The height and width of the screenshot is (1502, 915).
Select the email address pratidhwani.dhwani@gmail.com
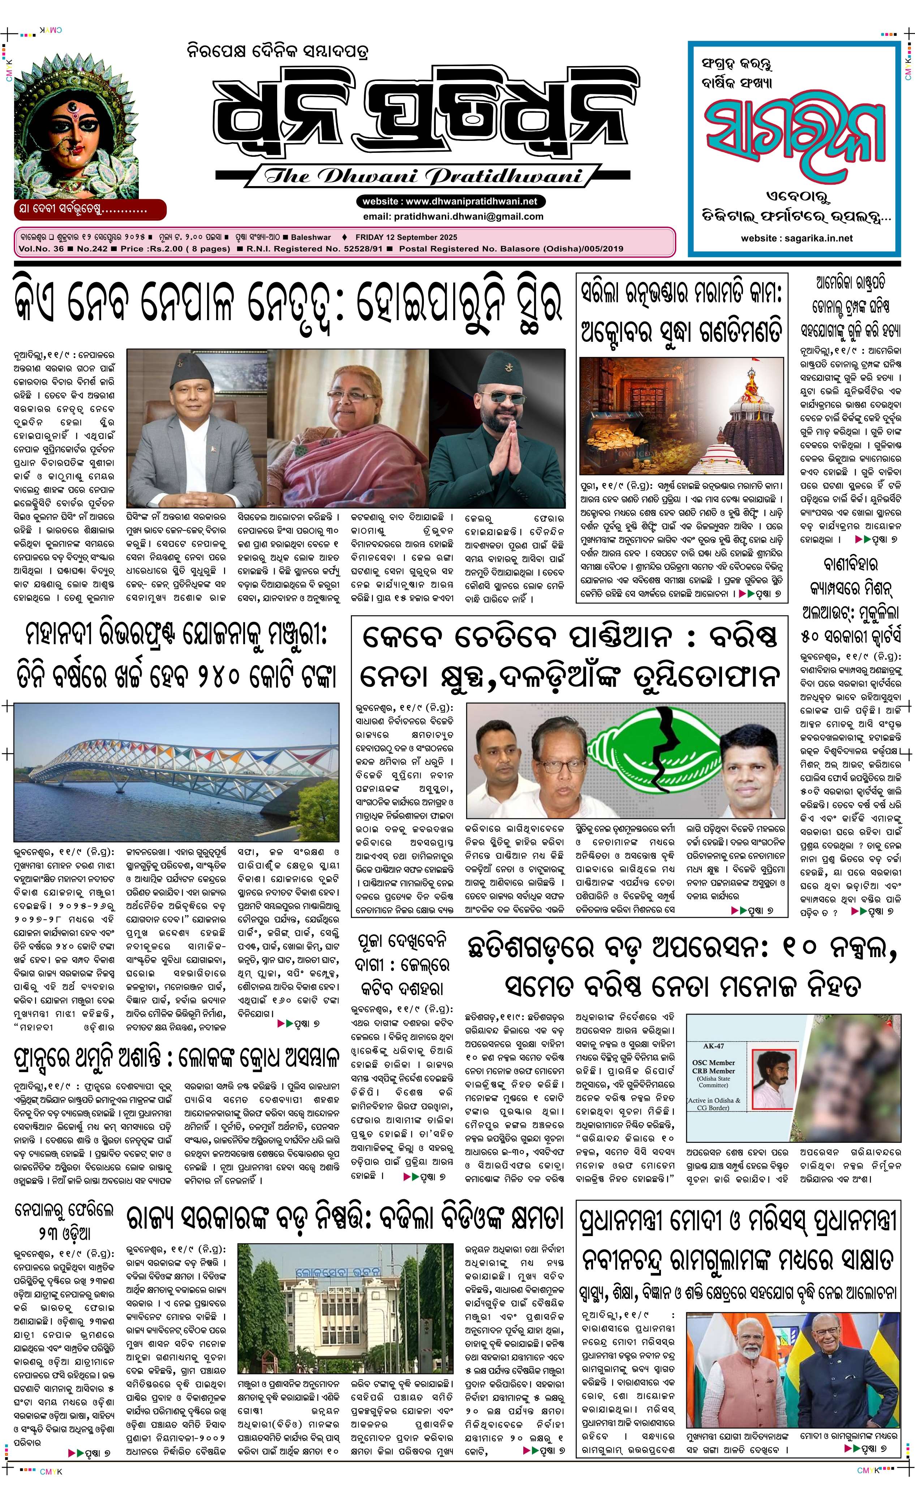point(452,216)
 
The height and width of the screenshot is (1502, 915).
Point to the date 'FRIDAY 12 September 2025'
point(414,237)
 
